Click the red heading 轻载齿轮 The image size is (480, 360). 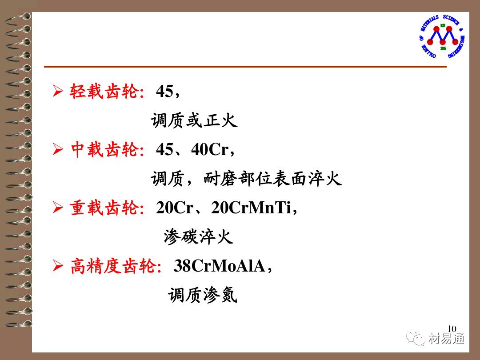(104, 91)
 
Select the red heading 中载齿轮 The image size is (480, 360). (104, 149)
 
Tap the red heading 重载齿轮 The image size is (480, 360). (104, 208)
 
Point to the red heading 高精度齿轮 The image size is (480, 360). (113, 265)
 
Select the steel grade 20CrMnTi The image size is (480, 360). (251, 208)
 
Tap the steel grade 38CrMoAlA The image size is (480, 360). (219, 265)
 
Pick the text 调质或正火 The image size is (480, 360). (194, 120)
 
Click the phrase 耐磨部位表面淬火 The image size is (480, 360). (272, 179)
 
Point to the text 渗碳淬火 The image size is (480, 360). (198, 236)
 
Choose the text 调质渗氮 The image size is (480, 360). (203, 295)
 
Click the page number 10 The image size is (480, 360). (452, 328)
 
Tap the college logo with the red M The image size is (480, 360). (442, 36)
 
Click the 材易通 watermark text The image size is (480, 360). (446, 339)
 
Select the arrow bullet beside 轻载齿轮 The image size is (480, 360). (58, 91)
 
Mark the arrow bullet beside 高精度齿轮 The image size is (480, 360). (58, 265)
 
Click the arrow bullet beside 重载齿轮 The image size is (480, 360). (58, 208)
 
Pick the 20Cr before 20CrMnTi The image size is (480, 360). (175, 208)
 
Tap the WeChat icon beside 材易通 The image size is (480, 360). (416, 338)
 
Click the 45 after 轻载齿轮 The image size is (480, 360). (164, 91)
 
